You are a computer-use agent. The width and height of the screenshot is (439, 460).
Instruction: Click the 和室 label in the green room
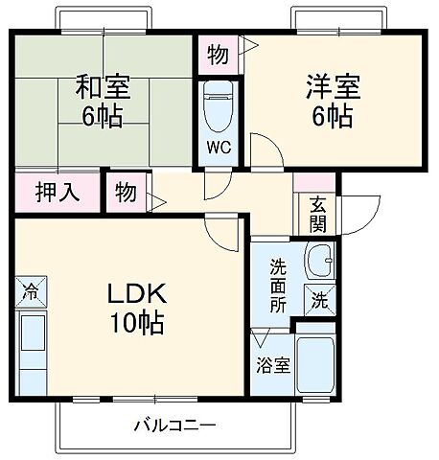pyautogui.click(x=103, y=87)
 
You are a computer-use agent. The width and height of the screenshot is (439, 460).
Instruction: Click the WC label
pyautogui.click(x=219, y=149)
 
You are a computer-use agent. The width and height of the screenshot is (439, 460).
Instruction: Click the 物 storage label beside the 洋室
pyautogui.click(x=218, y=56)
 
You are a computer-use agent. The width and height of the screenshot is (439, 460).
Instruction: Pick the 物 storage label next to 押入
pyautogui.click(x=126, y=190)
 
